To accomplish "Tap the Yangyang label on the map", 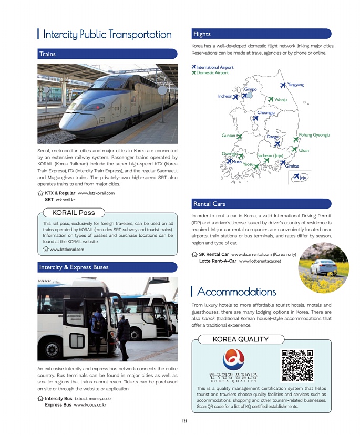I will (x=295, y=85).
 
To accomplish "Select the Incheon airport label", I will (x=225, y=96).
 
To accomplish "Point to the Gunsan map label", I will (x=229, y=136).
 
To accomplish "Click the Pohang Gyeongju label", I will (x=314, y=135).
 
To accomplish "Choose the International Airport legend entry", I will (x=214, y=67).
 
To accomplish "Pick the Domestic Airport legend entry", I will (x=212, y=73).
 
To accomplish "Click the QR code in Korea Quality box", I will (x=297, y=365).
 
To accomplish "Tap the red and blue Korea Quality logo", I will (x=233, y=360).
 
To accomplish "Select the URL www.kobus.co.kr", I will (x=90, y=405).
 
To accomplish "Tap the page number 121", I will (x=184, y=421).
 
